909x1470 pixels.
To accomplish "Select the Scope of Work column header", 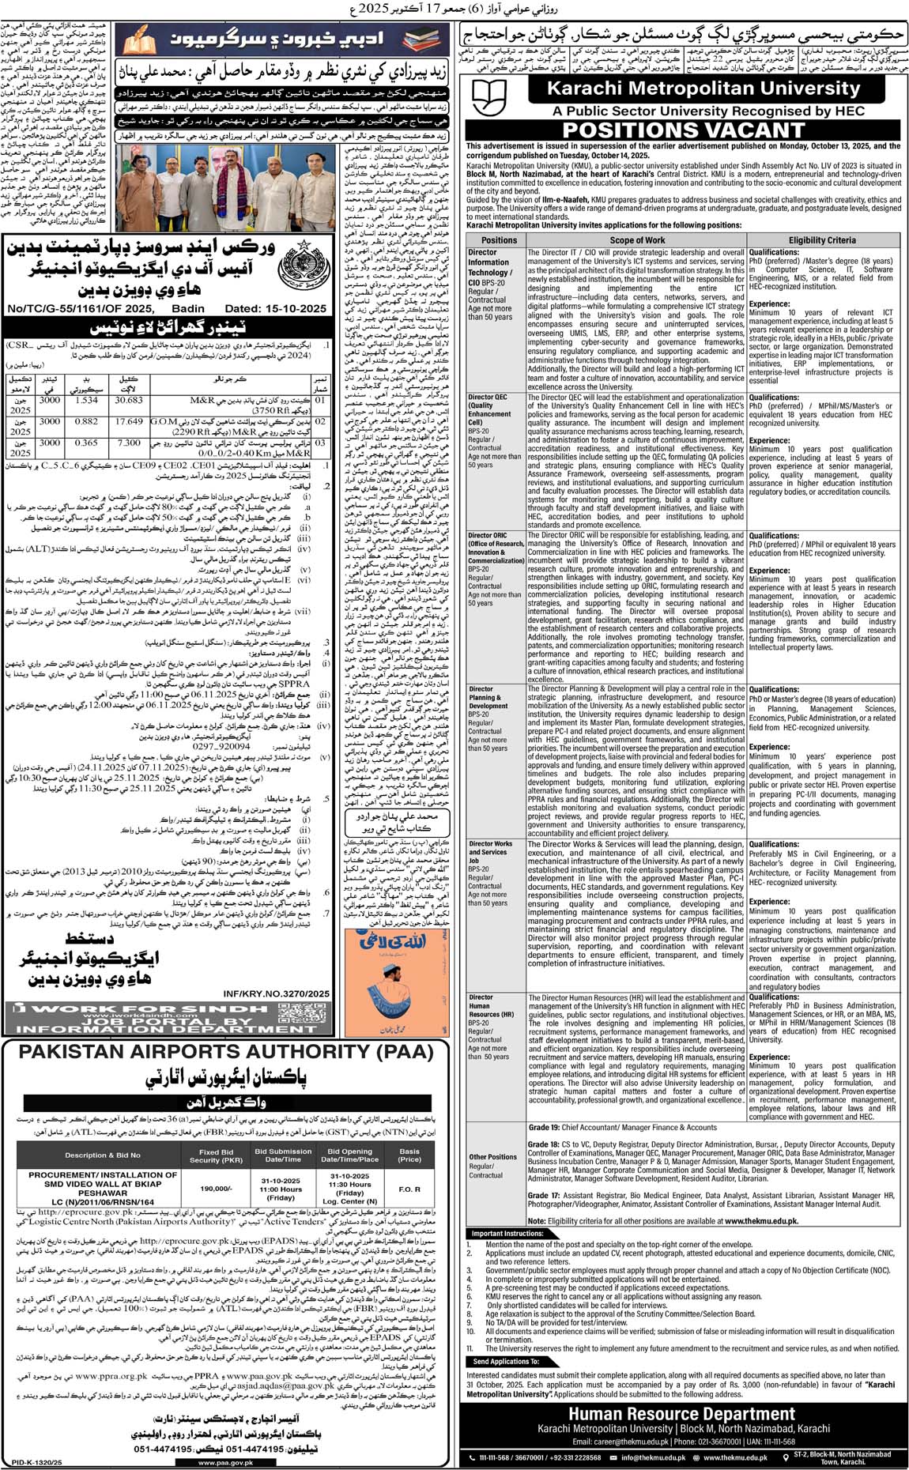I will [637, 239].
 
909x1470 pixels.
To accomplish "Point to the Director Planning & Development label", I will [488, 698].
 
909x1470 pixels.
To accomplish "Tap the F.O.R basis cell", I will [410, 1189].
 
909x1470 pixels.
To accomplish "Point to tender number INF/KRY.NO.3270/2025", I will [274, 993].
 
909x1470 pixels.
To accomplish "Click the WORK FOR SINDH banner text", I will [172, 1009].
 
